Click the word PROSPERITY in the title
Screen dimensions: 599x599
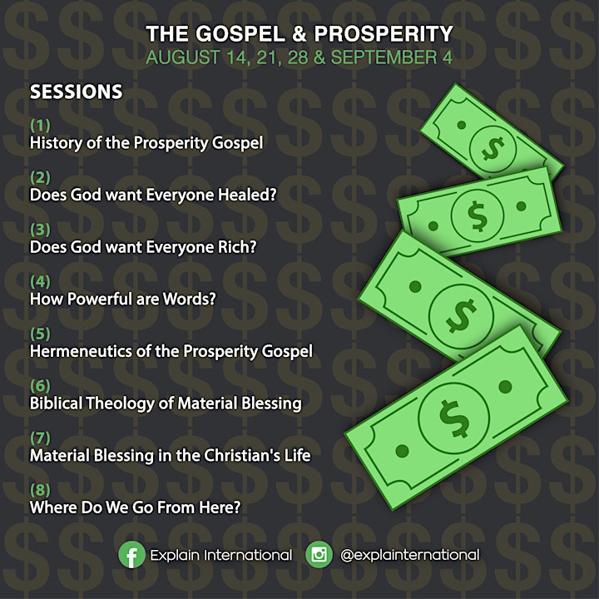[x=384, y=33]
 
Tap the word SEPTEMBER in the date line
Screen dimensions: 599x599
[x=384, y=57]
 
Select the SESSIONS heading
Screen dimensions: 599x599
[x=77, y=92]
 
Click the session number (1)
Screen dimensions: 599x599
[x=40, y=125]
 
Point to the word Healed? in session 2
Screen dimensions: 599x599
[x=247, y=195]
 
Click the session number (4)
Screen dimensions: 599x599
[x=40, y=281]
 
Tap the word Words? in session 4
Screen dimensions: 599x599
[x=190, y=299]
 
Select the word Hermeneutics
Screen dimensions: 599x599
[x=81, y=351]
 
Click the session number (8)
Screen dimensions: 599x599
[x=40, y=490]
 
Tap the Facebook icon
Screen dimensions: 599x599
[x=131, y=555]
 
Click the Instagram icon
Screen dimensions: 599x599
[x=319, y=554]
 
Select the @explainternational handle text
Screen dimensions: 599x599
[x=409, y=555]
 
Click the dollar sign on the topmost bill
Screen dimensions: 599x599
[x=493, y=148]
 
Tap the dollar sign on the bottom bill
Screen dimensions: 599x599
[x=454, y=418]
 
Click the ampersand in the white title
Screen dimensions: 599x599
[x=299, y=33]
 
